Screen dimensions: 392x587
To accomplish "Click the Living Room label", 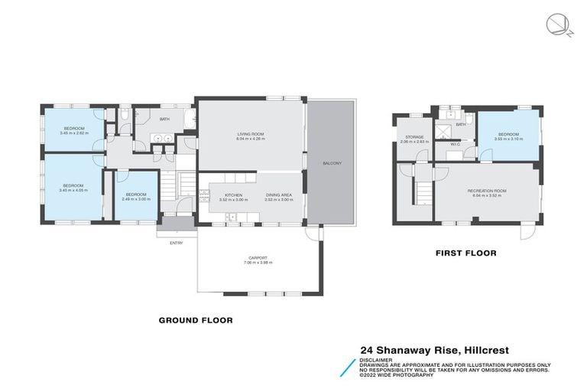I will coord(249,135).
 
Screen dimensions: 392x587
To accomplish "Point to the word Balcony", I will coord(331,163).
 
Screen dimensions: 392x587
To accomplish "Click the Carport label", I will coord(255,258).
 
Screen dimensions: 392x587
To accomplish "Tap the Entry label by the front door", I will coord(176,243).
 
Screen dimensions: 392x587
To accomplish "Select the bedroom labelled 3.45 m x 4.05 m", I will coord(73,186).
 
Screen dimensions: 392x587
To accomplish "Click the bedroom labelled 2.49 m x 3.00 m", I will coord(137,195).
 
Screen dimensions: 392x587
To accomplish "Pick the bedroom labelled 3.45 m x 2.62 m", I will coord(73,129).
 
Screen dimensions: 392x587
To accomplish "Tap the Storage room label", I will coord(415,138).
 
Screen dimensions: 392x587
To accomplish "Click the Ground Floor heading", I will coord(195,320).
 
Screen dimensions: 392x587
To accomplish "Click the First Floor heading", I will coord(465,252).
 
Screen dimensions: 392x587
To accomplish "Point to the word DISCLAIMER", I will coord(377,358).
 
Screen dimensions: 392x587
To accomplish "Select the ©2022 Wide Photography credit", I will coord(397,374).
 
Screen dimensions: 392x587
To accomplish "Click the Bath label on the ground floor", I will coord(164,119).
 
